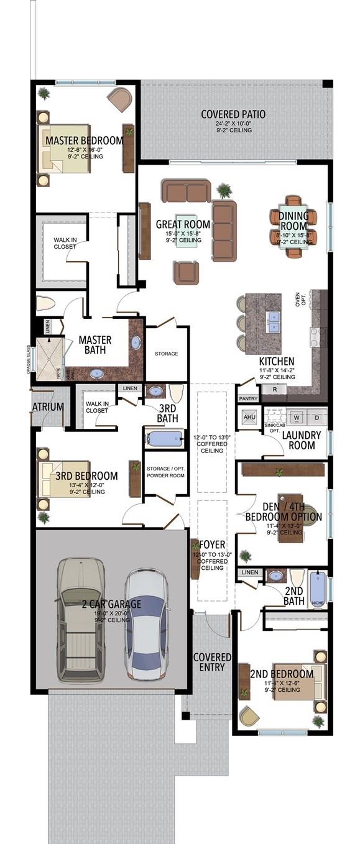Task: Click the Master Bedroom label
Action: (x=84, y=140)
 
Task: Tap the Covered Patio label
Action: (x=233, y=114)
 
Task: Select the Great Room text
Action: (x=183, y=224)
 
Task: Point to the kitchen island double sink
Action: (x=273, y=322)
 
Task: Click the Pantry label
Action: (x=247, y=398)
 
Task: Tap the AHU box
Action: (x=249, y=417)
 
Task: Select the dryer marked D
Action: (x=316, y=417)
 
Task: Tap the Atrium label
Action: (x=48, y=407)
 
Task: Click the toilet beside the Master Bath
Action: (x=46, y=304)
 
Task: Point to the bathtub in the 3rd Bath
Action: (x=164, y=439)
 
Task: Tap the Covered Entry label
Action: (x=212, y=663)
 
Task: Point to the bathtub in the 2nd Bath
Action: (x=318, y=587)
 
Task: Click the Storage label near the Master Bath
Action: (x=166, y=354)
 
